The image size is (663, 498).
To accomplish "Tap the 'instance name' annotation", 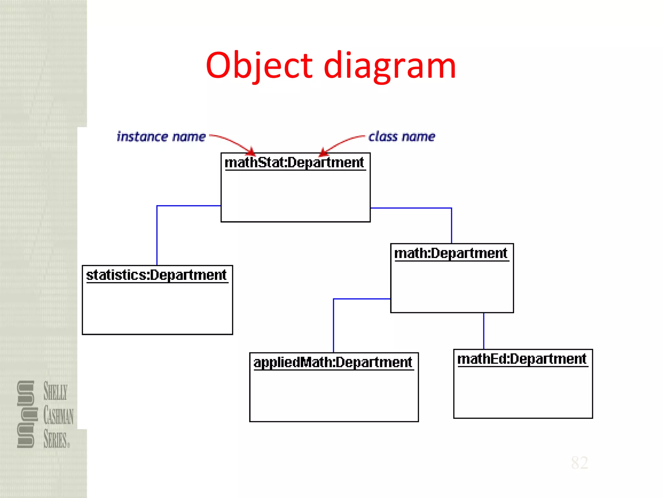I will pyautogui.click(x=161, y=137).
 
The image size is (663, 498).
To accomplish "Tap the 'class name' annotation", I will pyautogui.click(x=402, y=136).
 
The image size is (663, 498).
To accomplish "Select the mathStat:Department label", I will pyautogui.click(x=294, y=162).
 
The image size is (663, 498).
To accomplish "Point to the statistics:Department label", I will pyautogui.click(x=156, y=275).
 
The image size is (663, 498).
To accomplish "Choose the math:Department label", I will pyautogui.click(x=451, y=253).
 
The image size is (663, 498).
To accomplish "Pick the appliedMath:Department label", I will pyautogui.click(x=333, y=362).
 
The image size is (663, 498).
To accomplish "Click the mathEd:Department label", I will pyautogui.click(x=522, y=359).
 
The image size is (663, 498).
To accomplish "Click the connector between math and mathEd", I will pyautogui.click(x=484, y=331).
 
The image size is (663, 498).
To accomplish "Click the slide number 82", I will pyautogui.click(x=579, y=463).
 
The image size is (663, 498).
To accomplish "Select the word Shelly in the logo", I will pyautogui.click(x=56, y=391).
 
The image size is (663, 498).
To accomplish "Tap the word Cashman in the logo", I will pyautogui.click(x=59, y=416).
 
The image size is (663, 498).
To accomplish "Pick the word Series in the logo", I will pyautogui.click(x=56, y=439).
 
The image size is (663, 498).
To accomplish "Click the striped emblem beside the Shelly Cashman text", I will pyautogui.click(x=26, y=414).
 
